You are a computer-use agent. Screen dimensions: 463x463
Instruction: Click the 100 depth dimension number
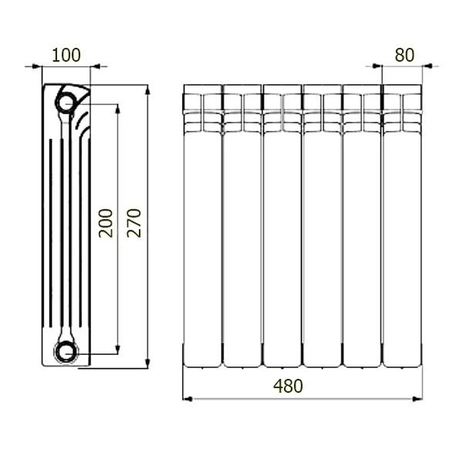(x=66, y=55)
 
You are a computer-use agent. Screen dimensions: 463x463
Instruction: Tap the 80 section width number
(x=404, y=55)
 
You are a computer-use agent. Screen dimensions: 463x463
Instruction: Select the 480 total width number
(x=288, y=386)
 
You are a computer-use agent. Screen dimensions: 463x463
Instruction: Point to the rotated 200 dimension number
(x=106, y=223)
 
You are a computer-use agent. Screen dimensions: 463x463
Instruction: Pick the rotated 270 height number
(x=134, y=223)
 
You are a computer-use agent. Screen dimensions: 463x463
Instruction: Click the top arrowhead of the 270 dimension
(x=147, y=90)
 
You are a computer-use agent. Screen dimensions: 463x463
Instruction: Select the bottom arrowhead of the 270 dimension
(x=147, y=363)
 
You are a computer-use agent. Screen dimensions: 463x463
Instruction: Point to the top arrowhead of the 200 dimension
(x=117, y=109)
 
